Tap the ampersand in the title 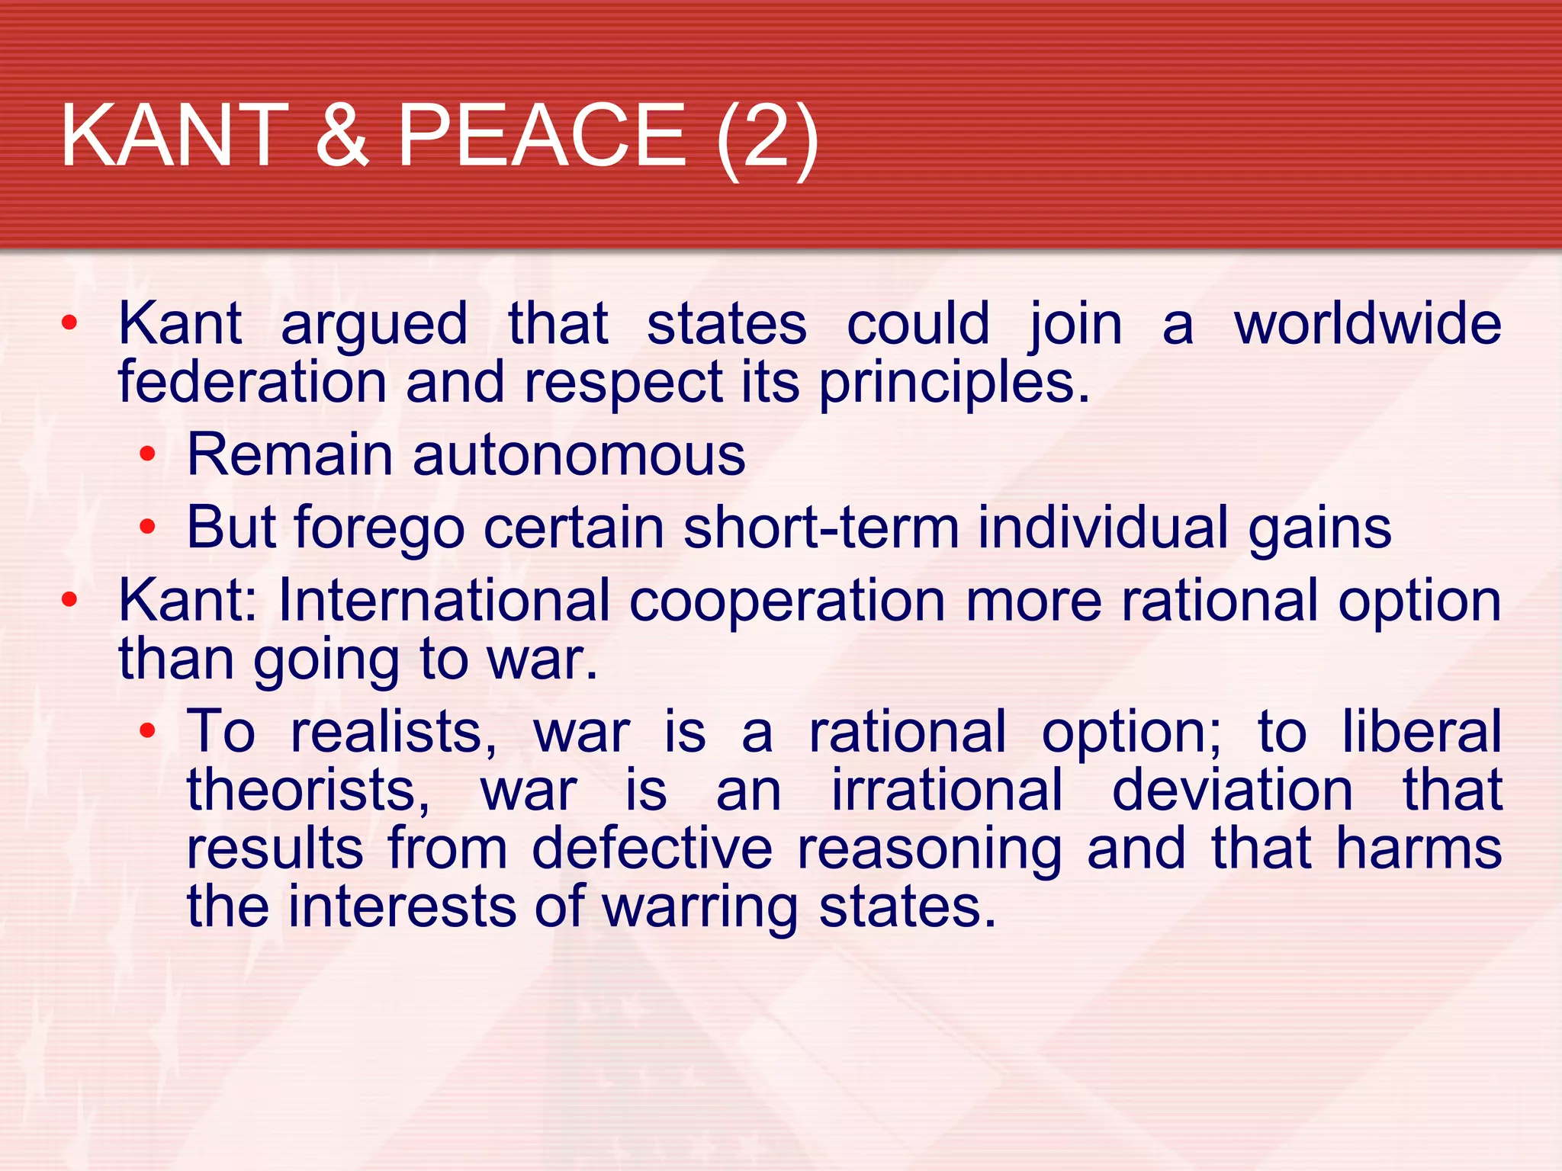(342, 136)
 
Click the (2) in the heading (767, 137)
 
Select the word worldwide (1368, 324)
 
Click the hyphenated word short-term (821, 528)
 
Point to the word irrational (947, 790)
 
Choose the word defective (652, 849)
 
